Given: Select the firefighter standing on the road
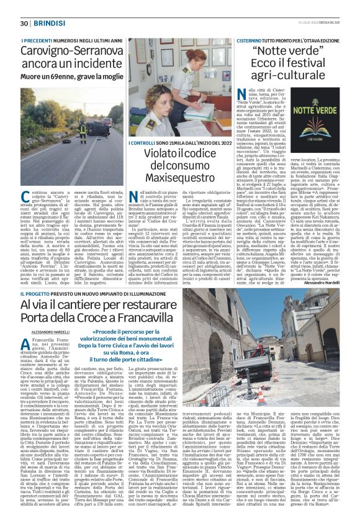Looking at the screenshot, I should point(82,132).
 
